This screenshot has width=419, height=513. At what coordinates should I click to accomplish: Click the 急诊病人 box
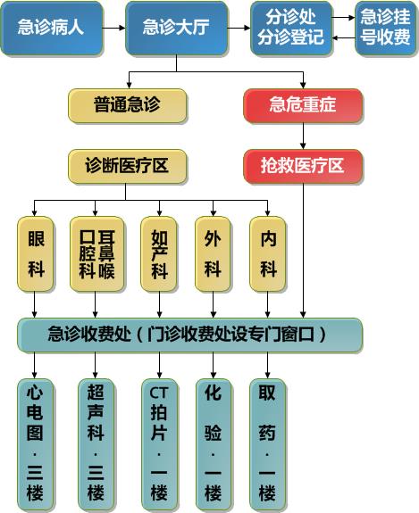click(52, 29)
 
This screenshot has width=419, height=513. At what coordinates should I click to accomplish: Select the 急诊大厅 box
click(177, 29)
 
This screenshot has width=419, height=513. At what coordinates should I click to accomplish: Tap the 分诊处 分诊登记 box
click(291, 29)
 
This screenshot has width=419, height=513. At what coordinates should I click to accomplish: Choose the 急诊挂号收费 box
click(385, 29)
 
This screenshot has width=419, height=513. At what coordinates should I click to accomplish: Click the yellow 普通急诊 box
click(128, 106)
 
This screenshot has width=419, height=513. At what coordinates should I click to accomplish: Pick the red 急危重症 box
click(303, 106)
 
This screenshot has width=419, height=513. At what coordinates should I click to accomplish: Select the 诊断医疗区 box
click(128, 167)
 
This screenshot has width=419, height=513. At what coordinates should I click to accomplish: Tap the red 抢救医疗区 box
click(303, 167)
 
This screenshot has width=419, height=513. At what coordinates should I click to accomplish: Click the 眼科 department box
click(36, 254)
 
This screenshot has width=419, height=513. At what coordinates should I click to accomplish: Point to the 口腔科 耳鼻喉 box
click(97, 254)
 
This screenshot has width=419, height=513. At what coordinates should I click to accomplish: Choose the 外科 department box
click(213, 254)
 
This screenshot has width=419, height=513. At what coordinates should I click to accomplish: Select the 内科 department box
click(268, 254)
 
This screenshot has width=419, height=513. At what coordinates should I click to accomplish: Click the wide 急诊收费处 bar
click(190, 335)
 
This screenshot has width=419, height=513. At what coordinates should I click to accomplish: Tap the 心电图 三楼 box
click(36, 445)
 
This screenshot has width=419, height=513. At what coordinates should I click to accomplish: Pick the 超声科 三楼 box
click(96, 445)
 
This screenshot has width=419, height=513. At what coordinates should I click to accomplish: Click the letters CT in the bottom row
click(159, 393)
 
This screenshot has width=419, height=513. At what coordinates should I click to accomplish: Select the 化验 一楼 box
click(214, 445)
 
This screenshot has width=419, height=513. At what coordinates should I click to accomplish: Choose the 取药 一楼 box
click(267, 445)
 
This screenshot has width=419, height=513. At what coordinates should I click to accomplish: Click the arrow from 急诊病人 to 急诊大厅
click(114, 29)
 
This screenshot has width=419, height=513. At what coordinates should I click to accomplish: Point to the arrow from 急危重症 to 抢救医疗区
click(303, 137)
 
